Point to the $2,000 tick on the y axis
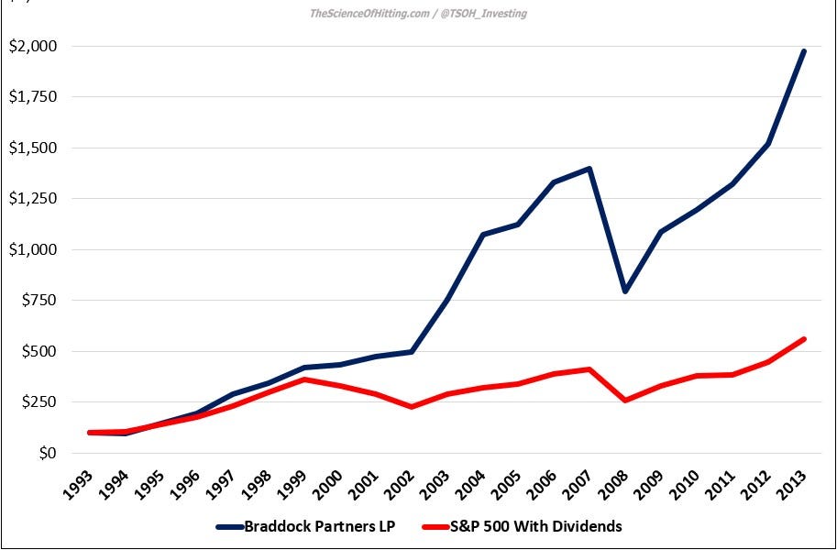point(31,47)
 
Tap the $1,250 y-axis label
point(31,199)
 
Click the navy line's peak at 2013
point(804,51)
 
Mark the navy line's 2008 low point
point(625,291)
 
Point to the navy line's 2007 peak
point(589,169)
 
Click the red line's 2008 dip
point(625,401)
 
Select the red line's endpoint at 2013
point(804,339)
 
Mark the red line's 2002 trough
point(411,407)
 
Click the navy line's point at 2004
point(482,235)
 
